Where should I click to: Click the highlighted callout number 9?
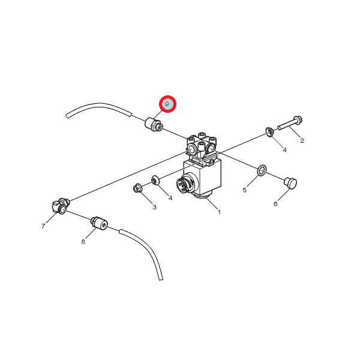pyautogui.click(x=167, y=104)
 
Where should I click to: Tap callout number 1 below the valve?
pyautogui.click(x=219, y=212)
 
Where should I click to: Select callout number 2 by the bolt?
pyautogui.click(x=302, y=140)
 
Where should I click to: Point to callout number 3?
pyautogui.click(x=155, y=208)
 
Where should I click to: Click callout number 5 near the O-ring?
pyautogui.click(x=245, y=190)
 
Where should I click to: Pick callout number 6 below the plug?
pyautogui.click(x=275, y=204)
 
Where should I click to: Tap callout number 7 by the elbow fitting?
pyautogui.click(x=43, y=226)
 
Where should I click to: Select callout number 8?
pyautogui.click(x=83, y=242)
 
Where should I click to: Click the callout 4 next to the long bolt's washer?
pyautogui.click(x=284, y=150)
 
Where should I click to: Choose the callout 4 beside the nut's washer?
pyautogui.click(x=170, y=198)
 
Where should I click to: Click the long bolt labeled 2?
pyautogui.click(x=290, y=123)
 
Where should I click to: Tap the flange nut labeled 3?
pyautogui.click(x=138, y=188)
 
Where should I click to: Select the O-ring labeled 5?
pyautogui.click(x=262, y=170)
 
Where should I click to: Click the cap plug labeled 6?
pyautogui.click(x=290, y=183)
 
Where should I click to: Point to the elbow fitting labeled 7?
pyautogui.click(x=61, y=206)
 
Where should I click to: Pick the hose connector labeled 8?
pyautogui.click(x=100, y=223)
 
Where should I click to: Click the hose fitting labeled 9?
pyautogui.click(x=154, y=125)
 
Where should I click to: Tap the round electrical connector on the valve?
pyautogui.click(x=185, y=183)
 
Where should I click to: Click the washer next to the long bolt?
pyautogui.click(x=269, y=131)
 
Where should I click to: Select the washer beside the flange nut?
pyautogui.click(x=155, y=180)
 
